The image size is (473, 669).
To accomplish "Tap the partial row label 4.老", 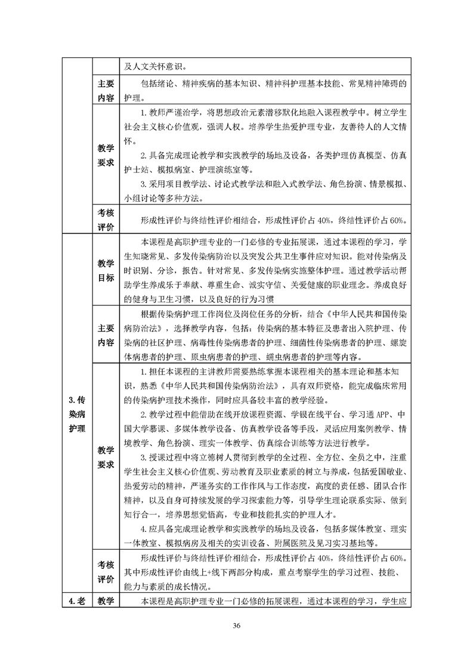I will pyautogui.click(x=77, y=602).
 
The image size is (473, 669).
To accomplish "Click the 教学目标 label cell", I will pyautogui.click(x=105, y=270).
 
